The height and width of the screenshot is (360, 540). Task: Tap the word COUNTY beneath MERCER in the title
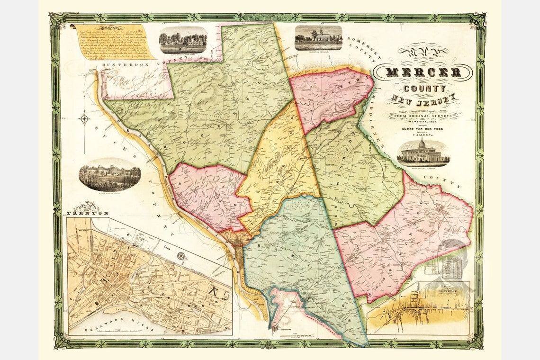[x=424, y=89]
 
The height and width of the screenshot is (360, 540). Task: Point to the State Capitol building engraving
[x=423, y=153]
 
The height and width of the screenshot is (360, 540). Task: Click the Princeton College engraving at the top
[x=318, y=38]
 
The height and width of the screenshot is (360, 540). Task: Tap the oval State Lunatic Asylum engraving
[x=110, y=174]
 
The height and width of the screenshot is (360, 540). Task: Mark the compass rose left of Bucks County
[x=84, y=118]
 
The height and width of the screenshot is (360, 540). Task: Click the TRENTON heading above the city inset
[x=88, y=213]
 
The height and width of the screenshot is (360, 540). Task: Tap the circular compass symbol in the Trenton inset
[x=181, y=256]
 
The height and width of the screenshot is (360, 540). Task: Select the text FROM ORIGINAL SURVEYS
[x=423, y=116]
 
